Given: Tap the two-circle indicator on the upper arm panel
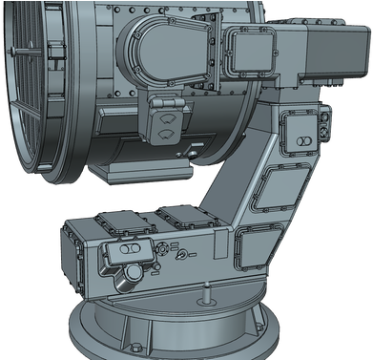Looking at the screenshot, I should pyautogui.click(x=302, y=140).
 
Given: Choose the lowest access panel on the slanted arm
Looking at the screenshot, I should pyautogui.click(x=259, y=244).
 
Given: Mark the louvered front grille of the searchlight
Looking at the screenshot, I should pyautogui.click(x=24, y=95).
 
